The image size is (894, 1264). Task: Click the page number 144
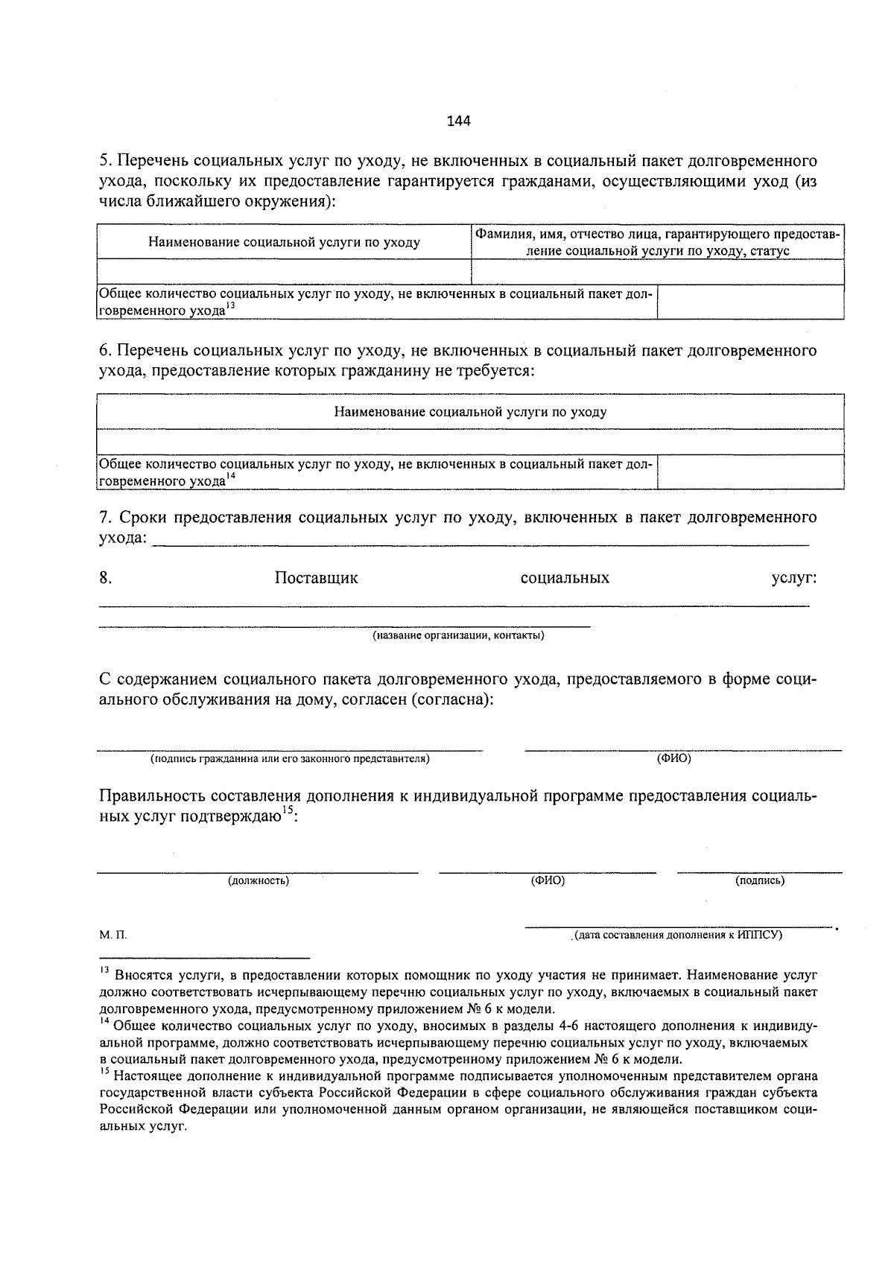458,121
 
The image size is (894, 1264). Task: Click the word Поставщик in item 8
316,579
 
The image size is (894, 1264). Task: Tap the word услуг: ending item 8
793,579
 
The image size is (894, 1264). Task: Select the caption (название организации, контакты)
458,636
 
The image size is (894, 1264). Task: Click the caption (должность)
258,881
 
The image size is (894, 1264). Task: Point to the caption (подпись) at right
759,881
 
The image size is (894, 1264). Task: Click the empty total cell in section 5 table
750,302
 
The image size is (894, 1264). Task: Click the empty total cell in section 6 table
750,472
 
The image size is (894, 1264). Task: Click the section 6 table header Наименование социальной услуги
469,412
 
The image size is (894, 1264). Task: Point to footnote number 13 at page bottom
104,971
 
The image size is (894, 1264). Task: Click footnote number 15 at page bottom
104,1073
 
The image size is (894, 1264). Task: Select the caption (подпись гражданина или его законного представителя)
290,759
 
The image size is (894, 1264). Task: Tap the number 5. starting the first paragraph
105,162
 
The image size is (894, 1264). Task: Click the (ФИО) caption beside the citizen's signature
673,759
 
